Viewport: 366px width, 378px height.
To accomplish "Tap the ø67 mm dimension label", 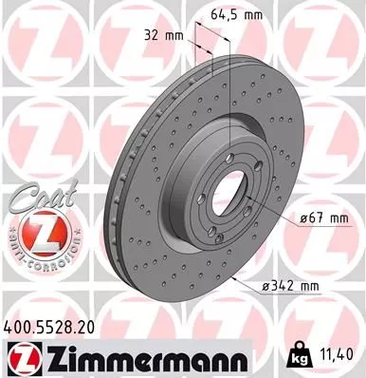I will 317,219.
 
